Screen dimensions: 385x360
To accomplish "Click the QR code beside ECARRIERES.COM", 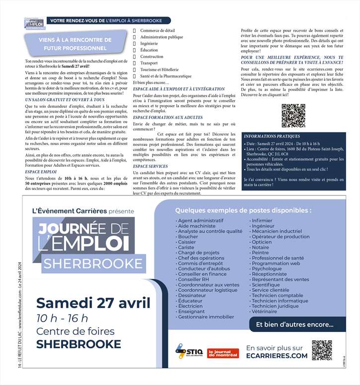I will click(322, 350).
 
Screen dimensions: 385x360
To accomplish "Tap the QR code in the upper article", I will click(293, 116).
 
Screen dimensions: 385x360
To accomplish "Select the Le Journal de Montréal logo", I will click(223, 353).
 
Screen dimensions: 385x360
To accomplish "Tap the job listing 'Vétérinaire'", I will click(264, 311).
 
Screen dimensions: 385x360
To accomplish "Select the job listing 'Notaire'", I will click(260, 247).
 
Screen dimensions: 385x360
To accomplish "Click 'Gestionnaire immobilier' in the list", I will click(206, 317).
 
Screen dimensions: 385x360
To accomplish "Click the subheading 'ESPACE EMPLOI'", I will click(41, 171).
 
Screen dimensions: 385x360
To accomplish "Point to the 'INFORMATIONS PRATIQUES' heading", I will click(272, 136).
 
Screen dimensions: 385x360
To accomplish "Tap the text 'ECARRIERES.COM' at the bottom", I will click(277, 356).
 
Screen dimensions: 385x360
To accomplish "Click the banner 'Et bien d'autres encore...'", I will click(294, 325).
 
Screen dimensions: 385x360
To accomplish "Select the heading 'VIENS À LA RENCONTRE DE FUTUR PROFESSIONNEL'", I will click(75, 44).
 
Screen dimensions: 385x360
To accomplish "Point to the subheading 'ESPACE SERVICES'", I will click(150, 166).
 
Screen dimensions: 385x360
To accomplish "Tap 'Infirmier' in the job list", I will click(262, 220).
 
